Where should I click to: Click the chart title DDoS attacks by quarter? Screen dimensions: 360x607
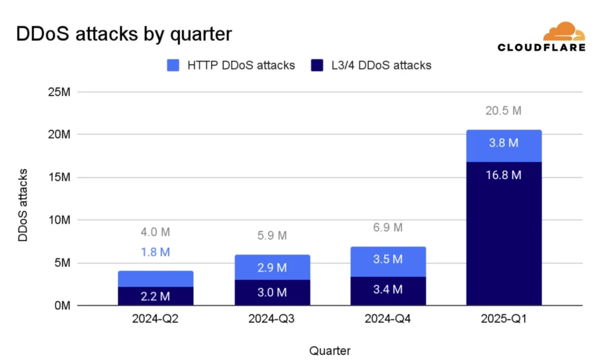click(x=123, y=34)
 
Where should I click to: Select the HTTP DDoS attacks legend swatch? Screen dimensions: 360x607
click(x=173, y=66)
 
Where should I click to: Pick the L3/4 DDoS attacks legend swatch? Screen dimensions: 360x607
click(x=317, y=66)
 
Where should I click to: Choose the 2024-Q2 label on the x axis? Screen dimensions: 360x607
click(x=155, y=319)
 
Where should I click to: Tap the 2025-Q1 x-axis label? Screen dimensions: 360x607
click(x=504, y=319)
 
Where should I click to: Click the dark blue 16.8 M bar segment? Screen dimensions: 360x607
click(x=504, y=237)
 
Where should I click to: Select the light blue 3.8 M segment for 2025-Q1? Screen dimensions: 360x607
click(x=504, y=146)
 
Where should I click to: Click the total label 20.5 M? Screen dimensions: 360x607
click(x=504, y=111)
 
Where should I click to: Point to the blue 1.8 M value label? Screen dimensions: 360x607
click(x=155, y=252)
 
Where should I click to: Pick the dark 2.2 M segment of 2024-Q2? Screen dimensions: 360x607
click(x=155, y=296)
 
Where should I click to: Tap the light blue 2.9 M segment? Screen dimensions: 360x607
click(x=271, y=267)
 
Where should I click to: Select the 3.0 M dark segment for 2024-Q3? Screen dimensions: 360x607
click(x=271, y=292)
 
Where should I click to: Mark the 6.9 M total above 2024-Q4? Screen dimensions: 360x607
click(x=388, y=228)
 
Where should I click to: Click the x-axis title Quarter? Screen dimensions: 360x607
click(x=330, y=350)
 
